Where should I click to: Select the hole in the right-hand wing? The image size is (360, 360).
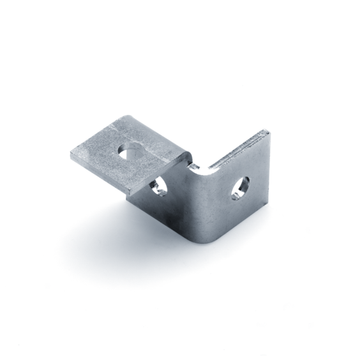click(241, 186)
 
